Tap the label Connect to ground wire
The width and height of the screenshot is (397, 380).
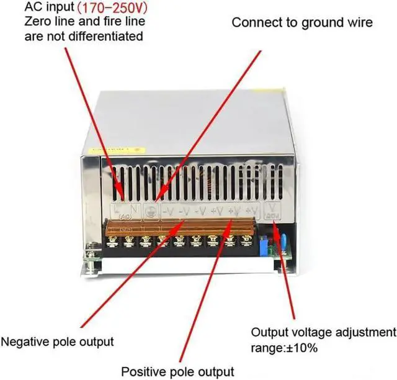tap(302, 23)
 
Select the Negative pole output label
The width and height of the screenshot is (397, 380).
tap(57, 341)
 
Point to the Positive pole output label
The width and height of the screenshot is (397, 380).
tap(177, 371)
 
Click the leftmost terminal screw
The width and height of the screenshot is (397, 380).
tap(114, 239)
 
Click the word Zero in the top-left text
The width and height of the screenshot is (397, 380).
tap(37, 23)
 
